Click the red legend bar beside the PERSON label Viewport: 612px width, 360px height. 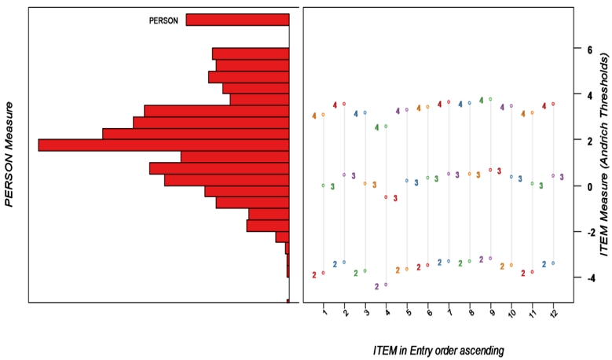pos(237,20)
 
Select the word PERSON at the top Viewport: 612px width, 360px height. pos(163,20)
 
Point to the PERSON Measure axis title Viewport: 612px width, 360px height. pos(10,154)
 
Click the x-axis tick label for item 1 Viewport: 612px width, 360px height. pos(324,314)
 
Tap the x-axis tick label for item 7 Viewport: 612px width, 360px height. pos(449,314)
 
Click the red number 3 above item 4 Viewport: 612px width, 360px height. pos(395,198)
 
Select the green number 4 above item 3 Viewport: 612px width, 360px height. pos(376,127)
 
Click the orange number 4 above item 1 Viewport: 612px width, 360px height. pos(314,116)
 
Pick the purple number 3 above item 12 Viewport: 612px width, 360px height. pos(562,177)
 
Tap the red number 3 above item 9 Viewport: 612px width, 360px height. pos(499,171)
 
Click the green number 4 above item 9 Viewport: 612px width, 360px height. pos(481,100)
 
